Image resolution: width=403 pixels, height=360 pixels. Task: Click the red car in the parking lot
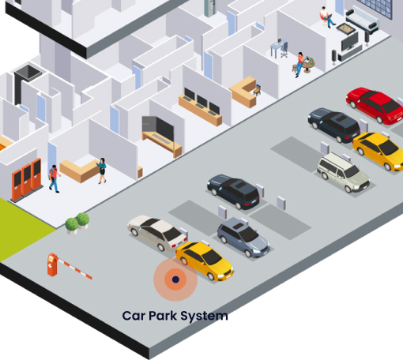tap(375, 105)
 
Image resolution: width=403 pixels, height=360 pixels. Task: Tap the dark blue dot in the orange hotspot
tap(175, 279)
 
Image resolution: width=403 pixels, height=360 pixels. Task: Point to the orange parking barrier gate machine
tap(52, 264)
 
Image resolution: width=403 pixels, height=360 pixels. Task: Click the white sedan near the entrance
tap(157, 232)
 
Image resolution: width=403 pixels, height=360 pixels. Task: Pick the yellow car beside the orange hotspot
tap(205, 261)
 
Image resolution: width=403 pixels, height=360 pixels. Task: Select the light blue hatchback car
tap(243, 238)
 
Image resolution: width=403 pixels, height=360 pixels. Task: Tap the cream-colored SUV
tap(343, 172)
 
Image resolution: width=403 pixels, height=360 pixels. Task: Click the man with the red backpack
tap(54, 178)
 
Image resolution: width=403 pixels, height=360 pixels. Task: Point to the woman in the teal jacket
tap(102, 171)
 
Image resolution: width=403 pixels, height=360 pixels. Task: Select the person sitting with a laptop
tap(327, 17)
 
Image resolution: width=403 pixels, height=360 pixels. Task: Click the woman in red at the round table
tap(299, 64)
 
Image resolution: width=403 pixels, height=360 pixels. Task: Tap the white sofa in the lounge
tap(363, 19)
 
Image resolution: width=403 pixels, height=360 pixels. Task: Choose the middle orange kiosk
tap(27, 180)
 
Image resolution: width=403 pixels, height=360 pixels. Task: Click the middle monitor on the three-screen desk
tap(202, 101)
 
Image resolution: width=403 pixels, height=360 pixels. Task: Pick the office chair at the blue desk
tap(284, 50)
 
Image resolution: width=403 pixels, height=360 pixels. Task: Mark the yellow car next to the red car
tap(379, 150)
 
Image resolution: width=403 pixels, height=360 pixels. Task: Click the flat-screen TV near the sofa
tap(350, 42)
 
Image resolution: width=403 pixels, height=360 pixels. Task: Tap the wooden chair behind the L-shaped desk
tap(257, 90)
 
